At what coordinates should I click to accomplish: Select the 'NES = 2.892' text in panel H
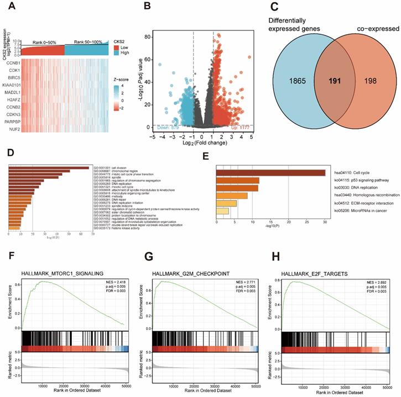point(378,283)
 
